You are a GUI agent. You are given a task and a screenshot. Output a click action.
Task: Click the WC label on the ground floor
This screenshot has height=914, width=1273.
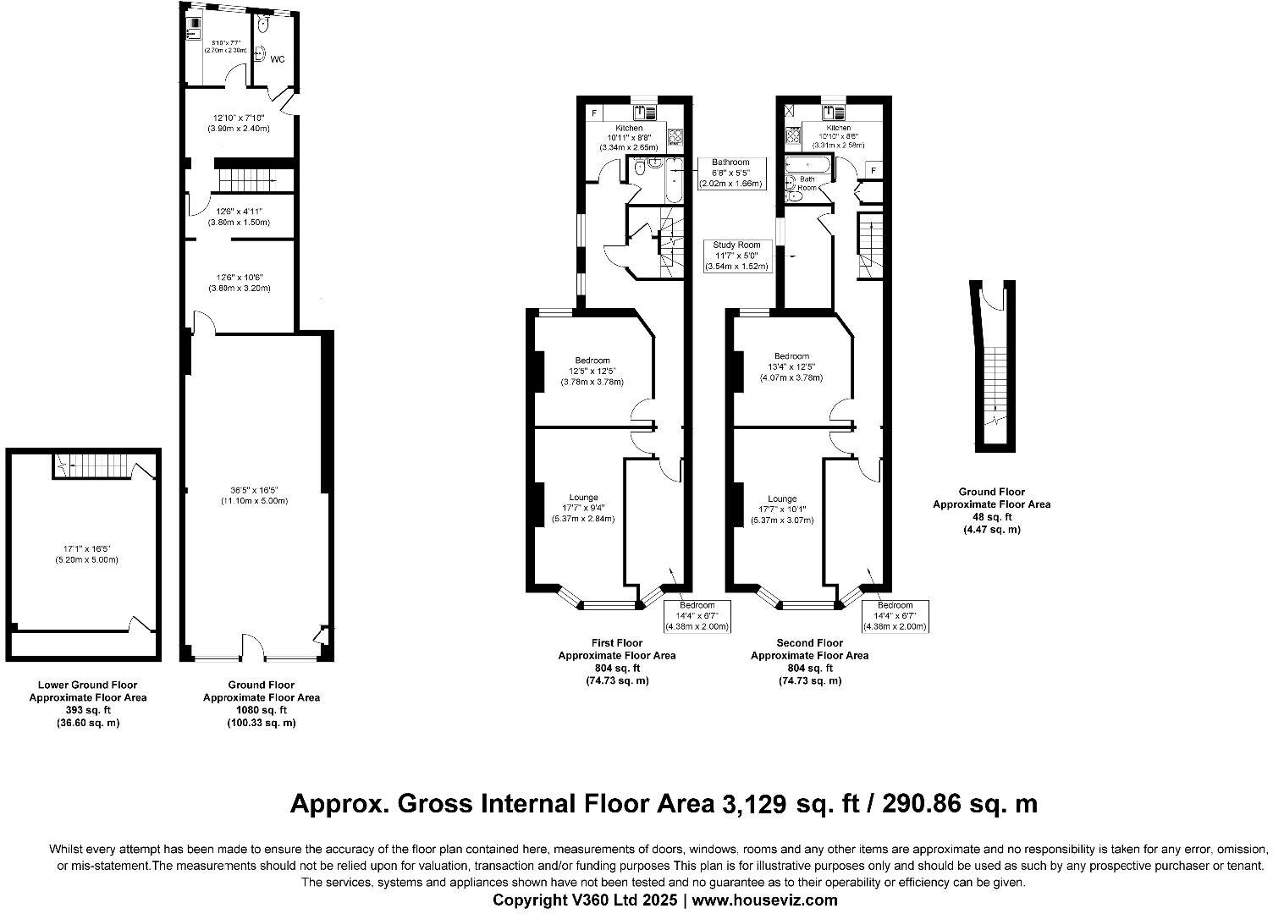[277, 59]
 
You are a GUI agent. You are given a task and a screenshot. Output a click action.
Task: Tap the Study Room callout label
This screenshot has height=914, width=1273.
[736, 245]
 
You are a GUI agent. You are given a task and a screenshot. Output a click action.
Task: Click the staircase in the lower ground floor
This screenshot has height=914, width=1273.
[93, 465]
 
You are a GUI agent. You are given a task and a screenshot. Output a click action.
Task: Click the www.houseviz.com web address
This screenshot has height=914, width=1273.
[765, 900]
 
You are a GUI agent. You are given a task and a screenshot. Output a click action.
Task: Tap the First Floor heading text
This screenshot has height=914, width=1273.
[616, 643]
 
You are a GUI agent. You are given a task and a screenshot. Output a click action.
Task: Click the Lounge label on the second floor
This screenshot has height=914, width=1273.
[782, 498]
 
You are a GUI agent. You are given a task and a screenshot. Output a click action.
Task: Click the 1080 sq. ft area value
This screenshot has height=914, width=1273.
[261, 710]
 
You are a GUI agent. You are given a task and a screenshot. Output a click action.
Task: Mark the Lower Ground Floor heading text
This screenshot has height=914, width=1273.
[87, 685]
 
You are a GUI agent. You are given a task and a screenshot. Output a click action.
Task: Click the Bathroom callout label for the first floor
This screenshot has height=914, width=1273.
[730, 162]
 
